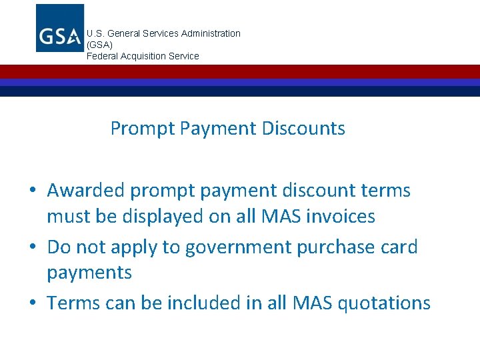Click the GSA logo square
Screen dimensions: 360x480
point(60,28)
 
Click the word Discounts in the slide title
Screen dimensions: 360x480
point(303,128)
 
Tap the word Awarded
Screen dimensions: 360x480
point(86,191)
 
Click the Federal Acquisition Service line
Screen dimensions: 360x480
point(143,56)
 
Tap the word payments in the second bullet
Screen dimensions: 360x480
point(89,273)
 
